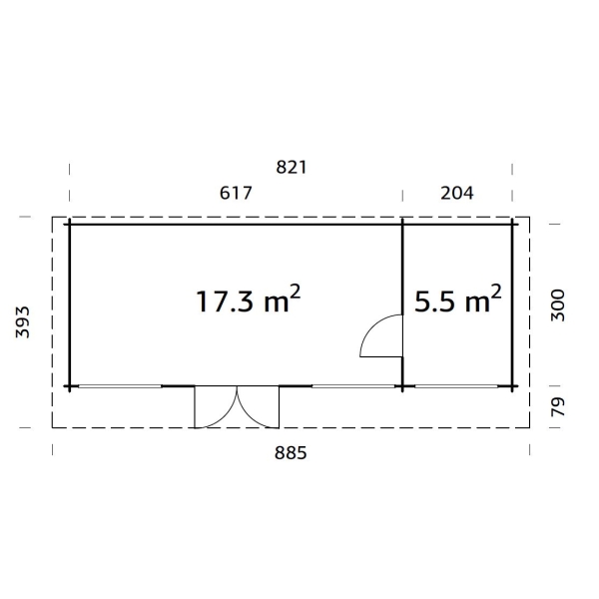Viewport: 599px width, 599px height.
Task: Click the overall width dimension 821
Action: [x=292, y=168]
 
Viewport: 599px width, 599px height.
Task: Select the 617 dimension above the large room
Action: [x=236, y=193]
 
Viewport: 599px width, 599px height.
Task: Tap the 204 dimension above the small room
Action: [x=457, y=193]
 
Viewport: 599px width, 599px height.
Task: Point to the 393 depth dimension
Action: [x=23, y=322]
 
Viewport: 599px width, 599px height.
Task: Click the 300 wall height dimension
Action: [x=558, y=305]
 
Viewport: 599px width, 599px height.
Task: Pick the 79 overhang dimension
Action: [x=558, y=407]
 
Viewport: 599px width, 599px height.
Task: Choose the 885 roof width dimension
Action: [x=291, y=453]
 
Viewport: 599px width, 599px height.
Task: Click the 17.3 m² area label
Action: [x=249, y=300]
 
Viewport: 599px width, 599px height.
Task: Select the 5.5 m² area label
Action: [x=457, y=300]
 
